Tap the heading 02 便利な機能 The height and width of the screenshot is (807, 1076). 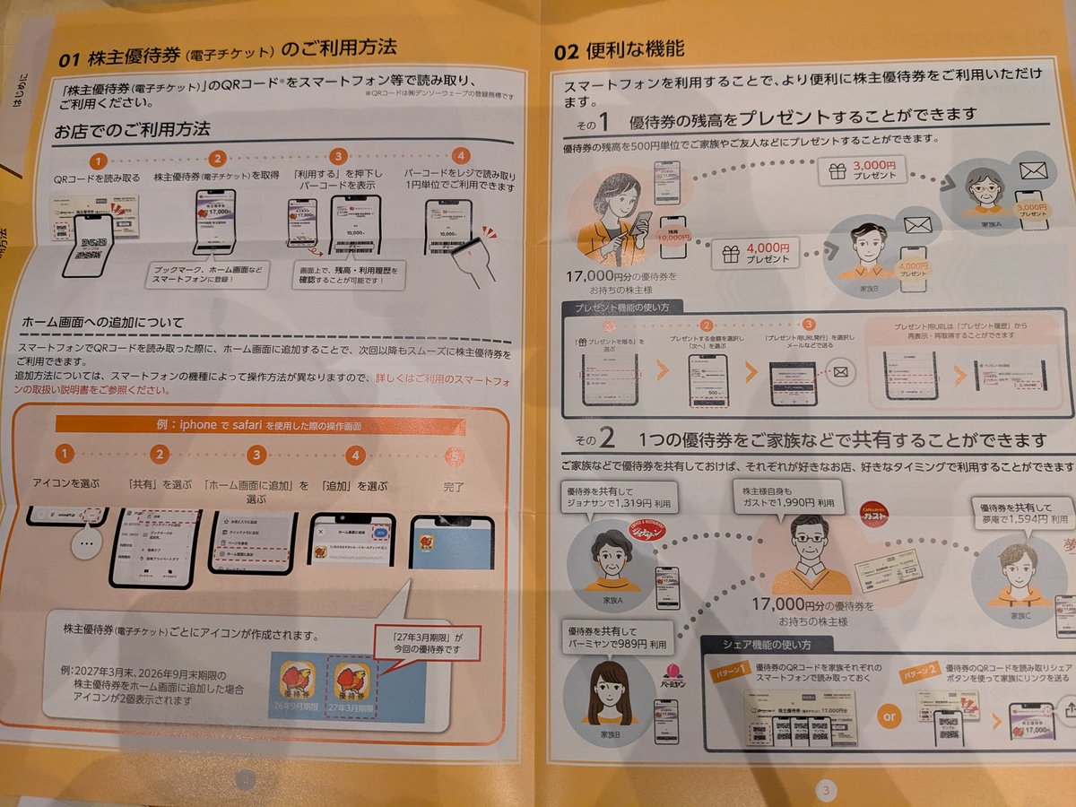click(x=619, y=50)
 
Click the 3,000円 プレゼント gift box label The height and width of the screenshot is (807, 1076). click(x=863, y=170)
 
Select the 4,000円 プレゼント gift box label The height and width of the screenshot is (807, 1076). click(x=755, y=253)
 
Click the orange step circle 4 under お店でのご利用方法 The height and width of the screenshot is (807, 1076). click(x=461, y=158)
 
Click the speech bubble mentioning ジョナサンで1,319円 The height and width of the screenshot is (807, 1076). click(x=619, y=498)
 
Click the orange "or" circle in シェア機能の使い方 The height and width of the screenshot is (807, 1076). click(x=888, y=717)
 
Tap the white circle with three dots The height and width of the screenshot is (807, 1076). click(x=86, y=544)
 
